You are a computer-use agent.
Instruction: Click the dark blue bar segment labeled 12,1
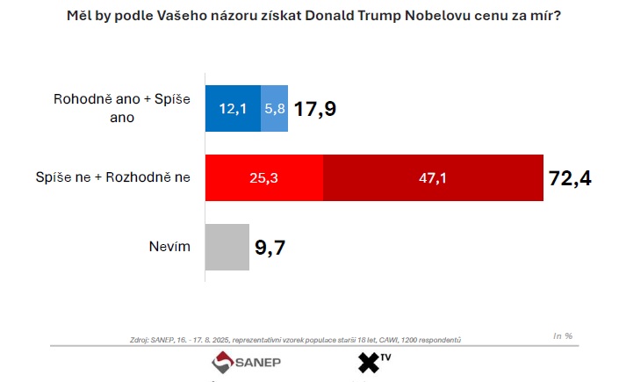pos(233,108)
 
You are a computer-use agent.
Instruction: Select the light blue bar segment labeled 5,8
pos(274,108)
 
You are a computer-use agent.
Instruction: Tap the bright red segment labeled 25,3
pos(263,178)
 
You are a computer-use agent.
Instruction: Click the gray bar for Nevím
pos(227,248)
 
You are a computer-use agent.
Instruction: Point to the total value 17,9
pos(315,109)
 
